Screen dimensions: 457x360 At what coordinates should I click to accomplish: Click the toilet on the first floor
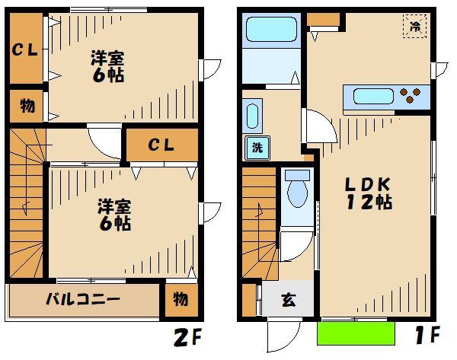297,189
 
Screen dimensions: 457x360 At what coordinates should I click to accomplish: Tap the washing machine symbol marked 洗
257,148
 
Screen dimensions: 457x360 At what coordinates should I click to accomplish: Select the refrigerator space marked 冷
415,26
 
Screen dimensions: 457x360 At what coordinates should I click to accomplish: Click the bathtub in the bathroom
272,30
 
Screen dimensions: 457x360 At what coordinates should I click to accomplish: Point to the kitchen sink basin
374,97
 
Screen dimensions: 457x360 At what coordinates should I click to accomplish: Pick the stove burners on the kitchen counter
410,96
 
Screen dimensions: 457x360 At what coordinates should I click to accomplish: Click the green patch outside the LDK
356,333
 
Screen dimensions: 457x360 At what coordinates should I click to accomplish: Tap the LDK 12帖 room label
369,193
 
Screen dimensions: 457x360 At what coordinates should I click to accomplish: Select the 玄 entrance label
289,300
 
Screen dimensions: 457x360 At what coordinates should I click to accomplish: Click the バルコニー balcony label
83,299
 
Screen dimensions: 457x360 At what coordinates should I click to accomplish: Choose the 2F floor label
187,338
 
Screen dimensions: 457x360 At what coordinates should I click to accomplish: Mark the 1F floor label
427,335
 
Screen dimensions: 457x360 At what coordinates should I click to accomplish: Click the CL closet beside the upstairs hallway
162,145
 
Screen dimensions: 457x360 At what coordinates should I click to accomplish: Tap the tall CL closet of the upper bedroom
27,49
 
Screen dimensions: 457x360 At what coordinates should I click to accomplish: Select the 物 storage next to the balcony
181,300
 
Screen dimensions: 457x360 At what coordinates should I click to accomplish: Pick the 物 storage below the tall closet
27,106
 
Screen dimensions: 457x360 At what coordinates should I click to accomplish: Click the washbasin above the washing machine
252,116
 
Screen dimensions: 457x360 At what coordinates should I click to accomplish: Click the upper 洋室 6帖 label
108,67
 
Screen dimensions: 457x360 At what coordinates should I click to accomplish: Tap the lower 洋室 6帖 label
114,215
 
